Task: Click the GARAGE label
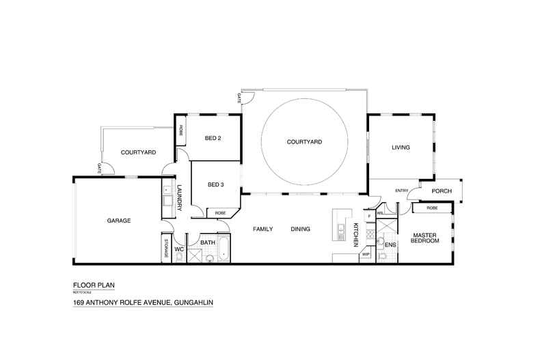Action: tap(118, 221)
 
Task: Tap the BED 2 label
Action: tap(213, 138)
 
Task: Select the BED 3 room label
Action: tap(216, 184)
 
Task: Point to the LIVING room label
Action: tap(401, 148)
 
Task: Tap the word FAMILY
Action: tap(263, 229)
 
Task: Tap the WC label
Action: tap(180, 250)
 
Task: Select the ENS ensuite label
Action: tap(390, 244)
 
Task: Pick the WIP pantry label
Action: tap(365, 254)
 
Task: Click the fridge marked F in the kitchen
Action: tap(369, 216)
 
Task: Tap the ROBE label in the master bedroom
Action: tap(432, 208)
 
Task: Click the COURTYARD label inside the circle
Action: tap(304, 142)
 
